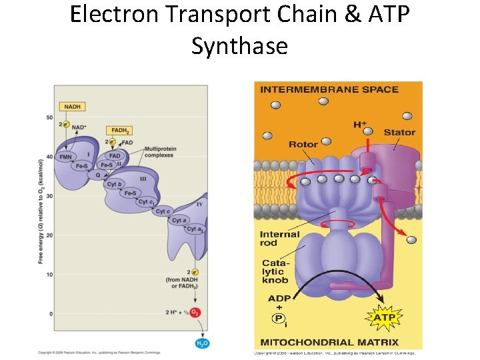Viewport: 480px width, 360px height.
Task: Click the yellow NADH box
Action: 71,106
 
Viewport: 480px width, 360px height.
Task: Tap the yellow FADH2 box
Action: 120,131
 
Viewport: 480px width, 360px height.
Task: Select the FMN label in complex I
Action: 65,157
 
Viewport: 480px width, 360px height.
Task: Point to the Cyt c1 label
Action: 147,201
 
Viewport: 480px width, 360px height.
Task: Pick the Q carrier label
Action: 98,175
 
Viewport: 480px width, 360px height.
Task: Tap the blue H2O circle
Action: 201,343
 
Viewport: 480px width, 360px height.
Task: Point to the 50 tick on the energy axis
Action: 49,118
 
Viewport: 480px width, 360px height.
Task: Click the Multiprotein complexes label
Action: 158,151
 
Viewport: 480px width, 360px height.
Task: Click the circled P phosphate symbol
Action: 278,319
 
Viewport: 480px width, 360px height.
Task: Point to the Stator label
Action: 399,133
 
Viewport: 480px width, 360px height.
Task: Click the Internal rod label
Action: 279,239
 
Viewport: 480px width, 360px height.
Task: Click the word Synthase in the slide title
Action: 239,46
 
